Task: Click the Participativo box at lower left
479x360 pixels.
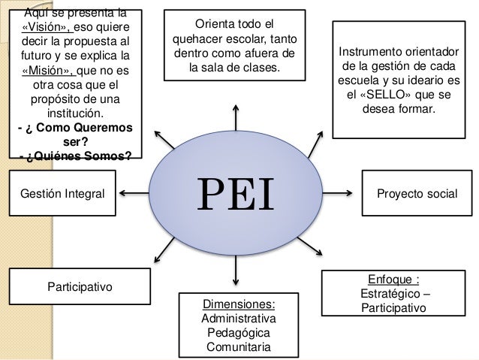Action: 79,286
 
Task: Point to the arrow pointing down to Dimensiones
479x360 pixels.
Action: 237,275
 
